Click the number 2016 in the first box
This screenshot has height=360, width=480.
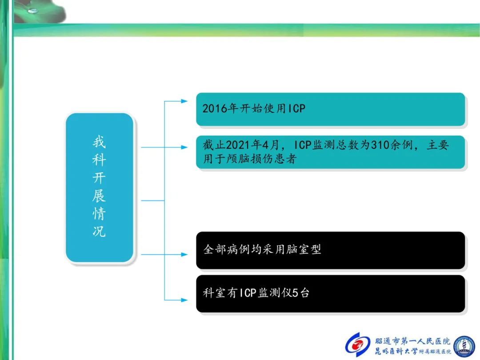[x=216, y=108]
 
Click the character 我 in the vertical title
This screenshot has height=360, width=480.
[x=99, y=142]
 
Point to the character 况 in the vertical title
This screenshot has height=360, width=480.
[x=99, y=231]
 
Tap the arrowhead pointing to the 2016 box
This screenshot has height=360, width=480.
[x=184, y=101]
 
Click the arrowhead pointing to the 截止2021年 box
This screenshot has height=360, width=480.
[x=184, y=147]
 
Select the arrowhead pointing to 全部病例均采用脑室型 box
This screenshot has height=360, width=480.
[x=184, y=254]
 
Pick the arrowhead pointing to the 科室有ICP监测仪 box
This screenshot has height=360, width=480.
[x=184, y=300]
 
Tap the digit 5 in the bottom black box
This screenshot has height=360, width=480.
[x=295, y=293]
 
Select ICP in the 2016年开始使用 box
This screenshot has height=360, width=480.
[x=297, y=108]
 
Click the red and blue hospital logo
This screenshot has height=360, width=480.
[x=358, y=345]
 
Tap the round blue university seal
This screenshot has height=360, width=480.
[x=465, y=346]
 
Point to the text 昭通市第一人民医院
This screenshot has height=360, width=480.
[x=413, y=341]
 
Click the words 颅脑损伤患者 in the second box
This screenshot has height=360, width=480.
[x=261, y=159]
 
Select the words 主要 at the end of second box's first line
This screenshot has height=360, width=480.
[x=438, y=144]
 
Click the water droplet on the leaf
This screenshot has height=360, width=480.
[x=32, y=11]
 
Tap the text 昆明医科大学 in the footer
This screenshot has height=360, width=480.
[x=396, y=351]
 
